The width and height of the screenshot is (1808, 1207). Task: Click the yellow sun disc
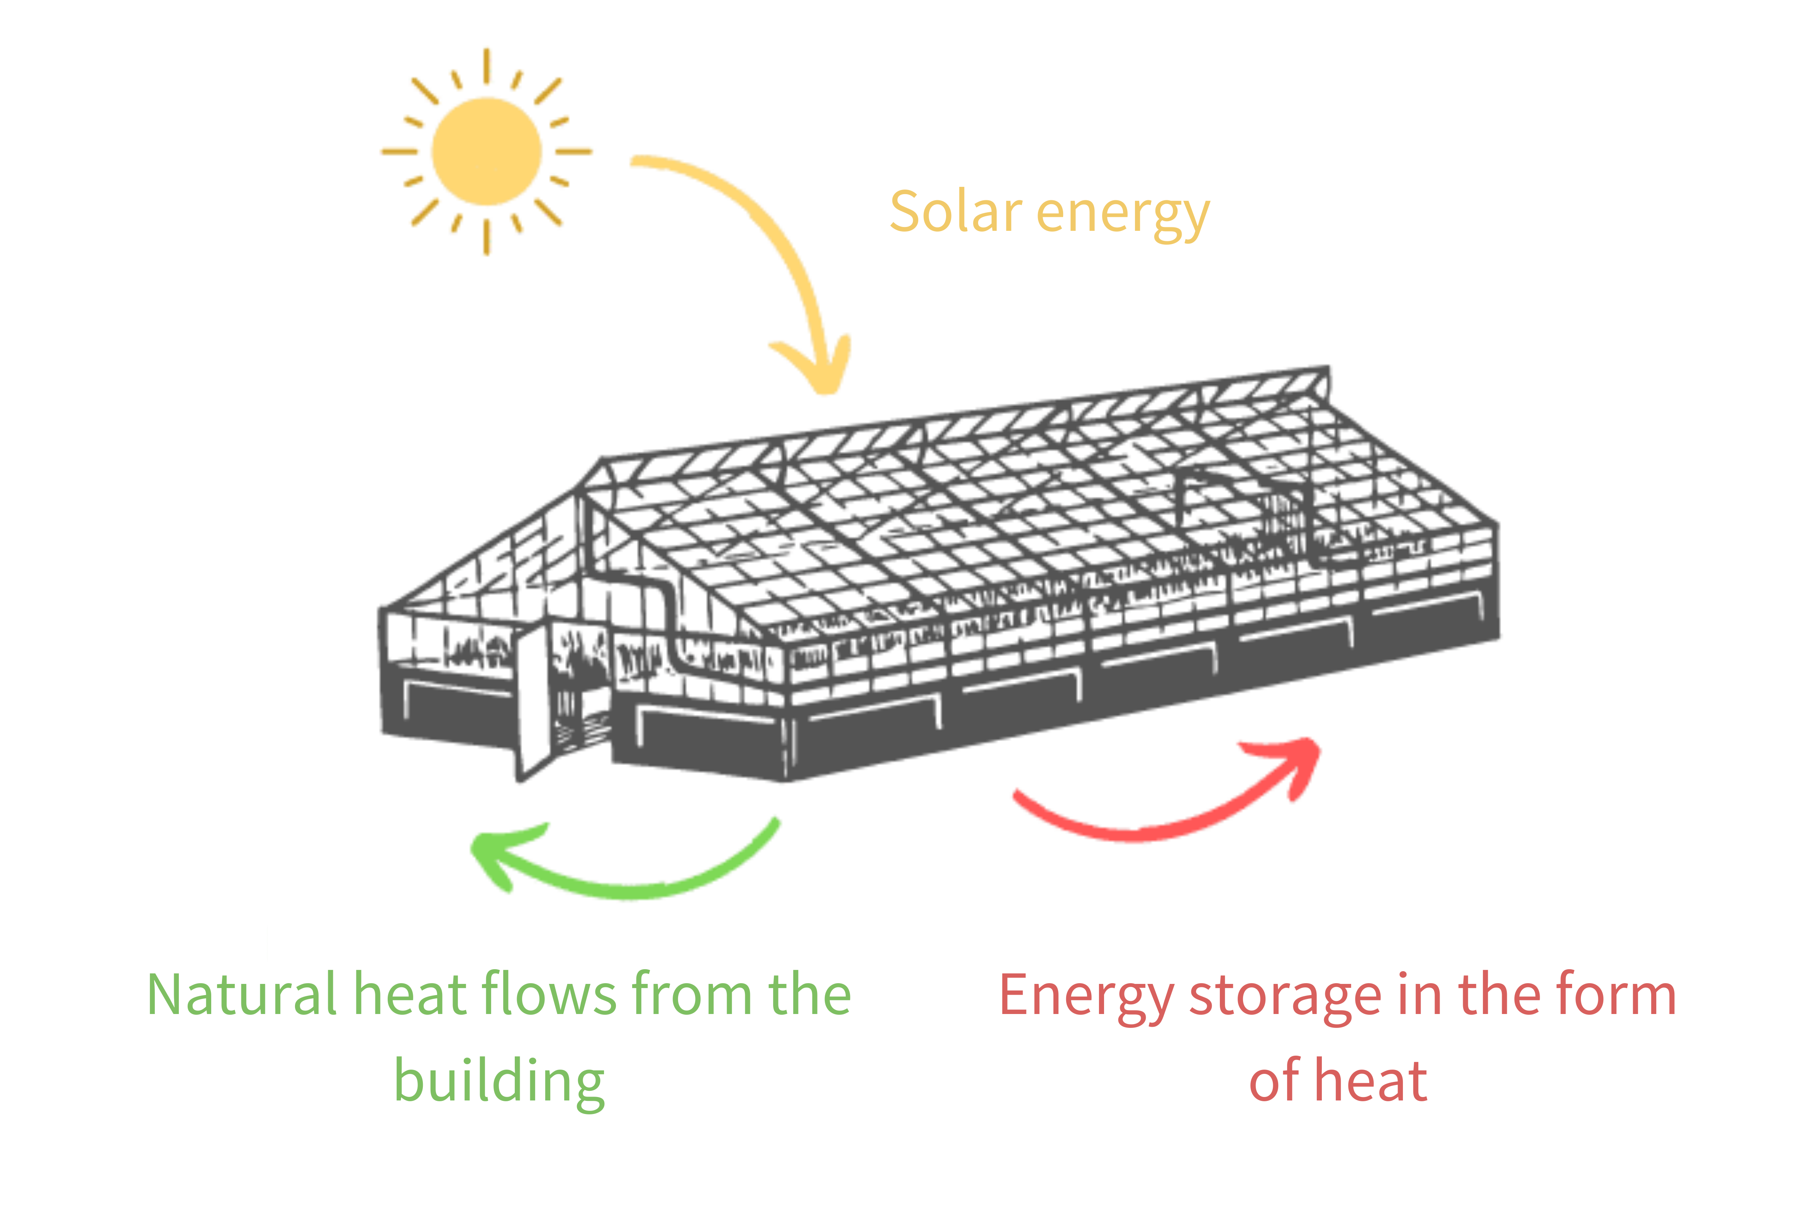coord(487,152)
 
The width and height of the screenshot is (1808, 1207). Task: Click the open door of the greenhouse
coord(535,701)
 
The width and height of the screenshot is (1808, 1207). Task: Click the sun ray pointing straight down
coord(487,237)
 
